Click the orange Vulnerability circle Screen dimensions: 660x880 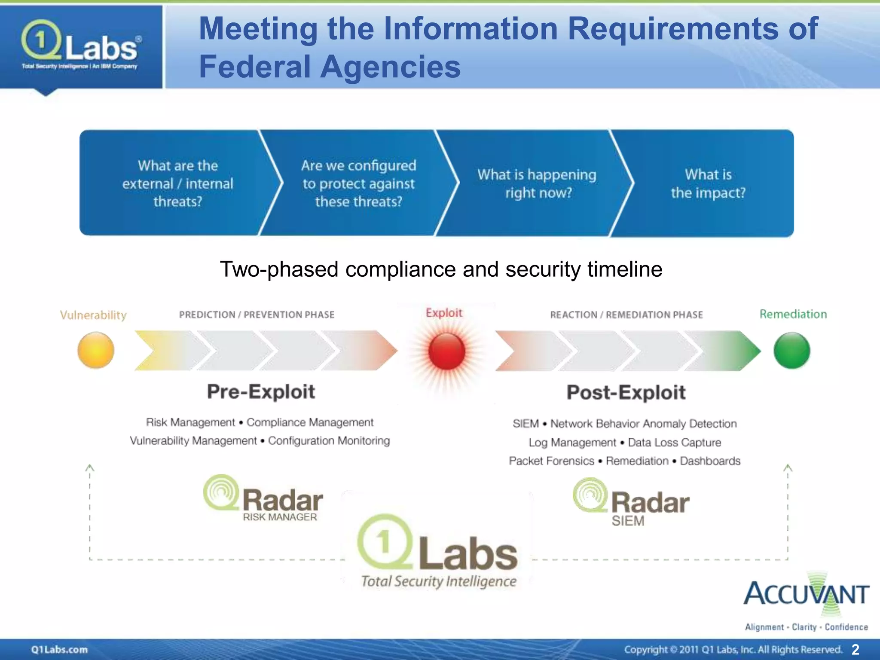click(x=96, y=350)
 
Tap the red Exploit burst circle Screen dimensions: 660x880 click(x=446, y=351)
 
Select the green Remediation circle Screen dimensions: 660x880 click(x=792, y=351)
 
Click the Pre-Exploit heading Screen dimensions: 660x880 click(x=261, y=392)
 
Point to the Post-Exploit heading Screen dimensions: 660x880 click(x=626, y=393)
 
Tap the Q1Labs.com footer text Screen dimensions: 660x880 click(x=59, y=649)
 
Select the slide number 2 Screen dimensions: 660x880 click(x=855, y=649)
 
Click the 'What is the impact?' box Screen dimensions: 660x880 click(x=708, y=183)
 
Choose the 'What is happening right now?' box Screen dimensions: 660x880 click(x=537, y=183)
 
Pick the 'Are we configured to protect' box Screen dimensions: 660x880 click(x=359, y=183)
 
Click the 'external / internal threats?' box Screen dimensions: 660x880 click(x=177, y=183)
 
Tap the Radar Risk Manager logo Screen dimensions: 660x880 click(x=263, y=498)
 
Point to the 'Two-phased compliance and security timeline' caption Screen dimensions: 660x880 click(x=441, y=269)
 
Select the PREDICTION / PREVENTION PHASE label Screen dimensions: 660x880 click(x=257, y=315)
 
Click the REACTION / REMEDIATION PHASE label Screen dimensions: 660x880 click(x=626, y=315)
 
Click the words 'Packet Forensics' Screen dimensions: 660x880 click(x=551, y=461)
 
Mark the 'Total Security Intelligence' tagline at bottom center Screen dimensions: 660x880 click(x=439, y=581)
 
